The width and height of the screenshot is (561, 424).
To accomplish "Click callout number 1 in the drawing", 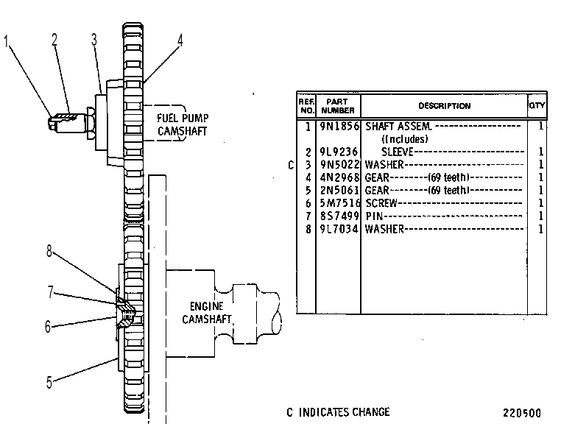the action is (6, 41).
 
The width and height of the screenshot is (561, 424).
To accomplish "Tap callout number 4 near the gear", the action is (180, 40).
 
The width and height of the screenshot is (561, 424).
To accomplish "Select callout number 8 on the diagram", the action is (49, 251).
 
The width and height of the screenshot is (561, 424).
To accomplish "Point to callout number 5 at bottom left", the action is (49, 382).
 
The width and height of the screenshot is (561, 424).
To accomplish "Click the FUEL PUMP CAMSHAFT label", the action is (183, 124).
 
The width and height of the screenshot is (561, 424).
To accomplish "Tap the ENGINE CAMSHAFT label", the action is (206, 313).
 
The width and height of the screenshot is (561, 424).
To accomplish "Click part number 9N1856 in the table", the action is (339, 127).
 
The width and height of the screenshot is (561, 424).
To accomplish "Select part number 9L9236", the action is (339, 152).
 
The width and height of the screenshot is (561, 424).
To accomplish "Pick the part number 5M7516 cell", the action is (339, 203).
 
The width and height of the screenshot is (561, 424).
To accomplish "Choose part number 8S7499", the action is (339, 216).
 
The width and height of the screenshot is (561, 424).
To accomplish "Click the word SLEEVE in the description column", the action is (397, 152).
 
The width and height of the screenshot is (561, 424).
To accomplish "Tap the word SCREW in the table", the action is (381, 203).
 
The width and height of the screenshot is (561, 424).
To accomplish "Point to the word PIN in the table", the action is (374, 216).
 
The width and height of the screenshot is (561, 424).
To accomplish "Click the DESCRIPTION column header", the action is (445, 106).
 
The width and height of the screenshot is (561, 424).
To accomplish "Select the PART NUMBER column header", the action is (337, 106).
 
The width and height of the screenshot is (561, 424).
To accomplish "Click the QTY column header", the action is (537, 105).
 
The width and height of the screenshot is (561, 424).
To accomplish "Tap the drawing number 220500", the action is (522, 413).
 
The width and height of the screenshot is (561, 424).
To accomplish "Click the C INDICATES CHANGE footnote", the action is (338, 412).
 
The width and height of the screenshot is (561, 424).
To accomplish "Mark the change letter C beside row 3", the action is (291, 165).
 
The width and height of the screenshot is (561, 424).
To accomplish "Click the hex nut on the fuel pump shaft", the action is (91, 123).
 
